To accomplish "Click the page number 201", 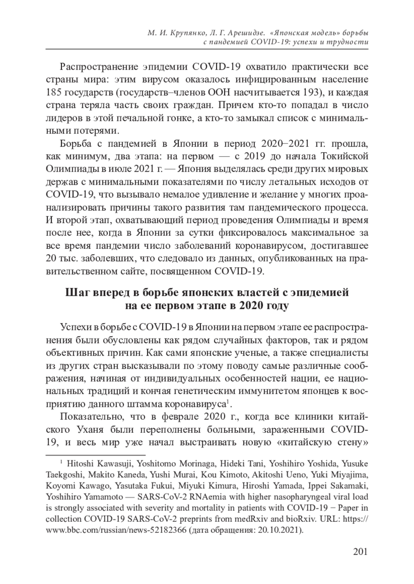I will point(360,552).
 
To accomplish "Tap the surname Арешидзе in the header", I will point(247,33).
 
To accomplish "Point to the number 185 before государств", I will point(54,93).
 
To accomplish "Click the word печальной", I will point(138,118).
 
